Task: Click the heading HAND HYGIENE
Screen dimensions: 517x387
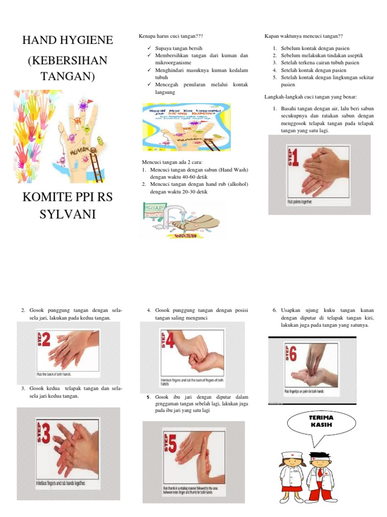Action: (68, 40)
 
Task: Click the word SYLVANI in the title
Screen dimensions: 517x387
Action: (68, 216)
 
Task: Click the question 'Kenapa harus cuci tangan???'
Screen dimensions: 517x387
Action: (170, 37)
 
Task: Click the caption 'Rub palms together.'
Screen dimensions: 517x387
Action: (300, 202)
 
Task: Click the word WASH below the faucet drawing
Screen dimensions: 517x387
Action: (185, 235)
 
